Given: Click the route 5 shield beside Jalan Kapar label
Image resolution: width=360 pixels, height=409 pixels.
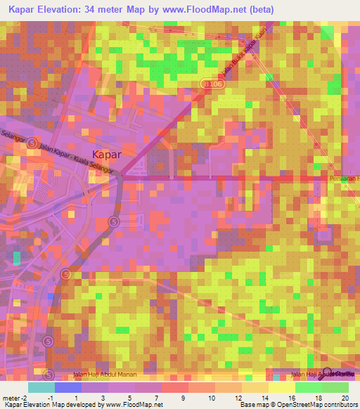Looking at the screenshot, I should [33, 143].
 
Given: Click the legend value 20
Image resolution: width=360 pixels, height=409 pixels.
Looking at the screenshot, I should [345, 397].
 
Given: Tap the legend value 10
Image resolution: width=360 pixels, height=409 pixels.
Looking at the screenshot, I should [202, 397].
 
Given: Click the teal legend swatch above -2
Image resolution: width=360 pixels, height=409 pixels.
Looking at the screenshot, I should [41, 387].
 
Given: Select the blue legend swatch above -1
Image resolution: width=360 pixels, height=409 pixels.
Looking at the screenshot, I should [67, 387].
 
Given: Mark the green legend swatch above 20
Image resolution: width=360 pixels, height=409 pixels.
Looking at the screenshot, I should [335, 387].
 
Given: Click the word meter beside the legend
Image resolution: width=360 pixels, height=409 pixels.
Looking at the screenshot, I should [13, 397].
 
